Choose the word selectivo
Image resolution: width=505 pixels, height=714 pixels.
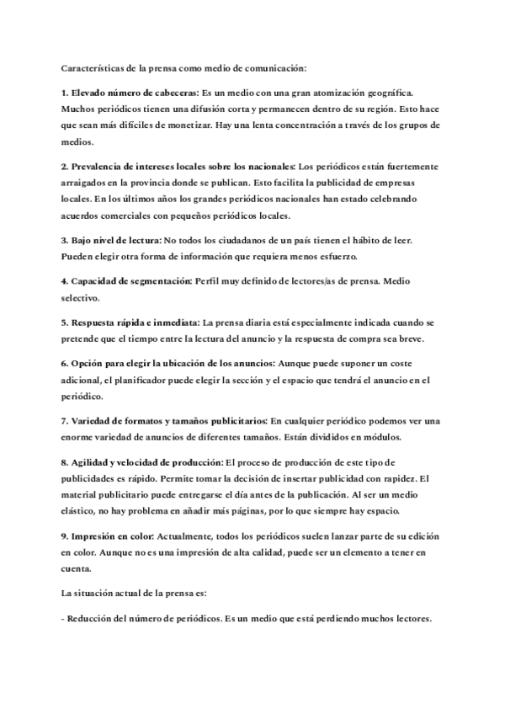(82, 297)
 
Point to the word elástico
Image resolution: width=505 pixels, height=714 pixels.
(82, 511)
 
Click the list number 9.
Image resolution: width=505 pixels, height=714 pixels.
(66, 535)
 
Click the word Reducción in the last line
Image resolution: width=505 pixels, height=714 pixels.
(94, 617)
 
